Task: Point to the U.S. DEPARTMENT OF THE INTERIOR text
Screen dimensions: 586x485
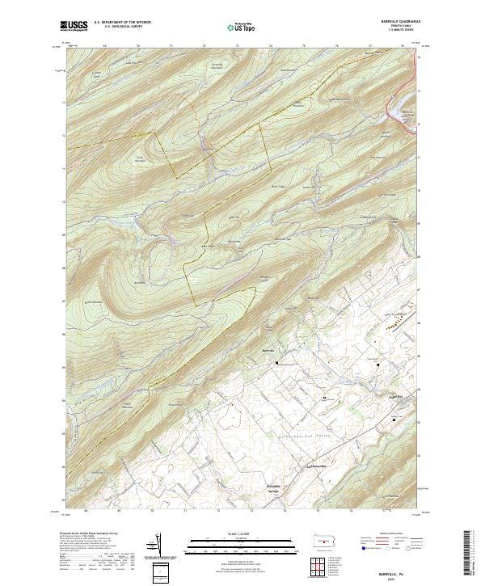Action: [x=122, y=23]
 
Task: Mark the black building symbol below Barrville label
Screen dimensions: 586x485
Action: [x=277, y=364]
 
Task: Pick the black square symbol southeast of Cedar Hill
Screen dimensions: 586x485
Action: [x=395, y=420]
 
